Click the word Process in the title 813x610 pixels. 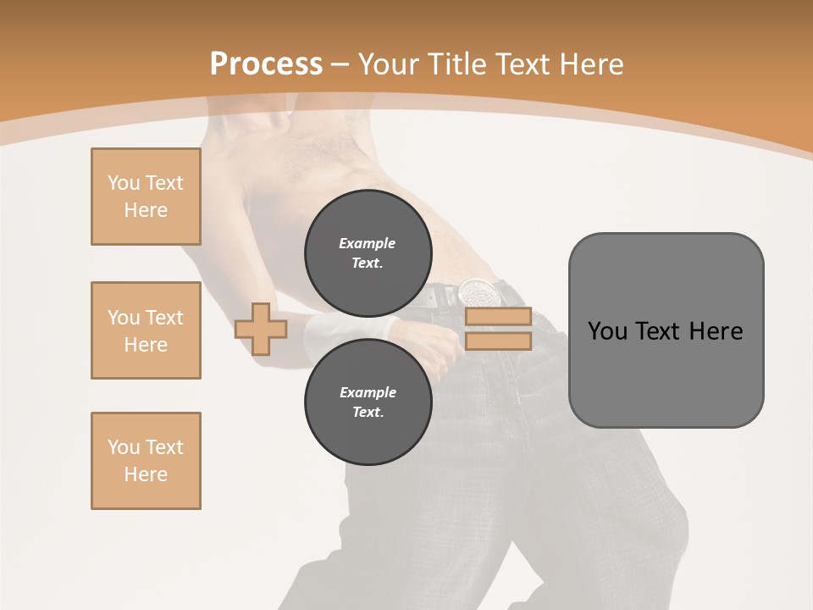click(266, 64)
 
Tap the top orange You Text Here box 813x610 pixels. click(146, 197)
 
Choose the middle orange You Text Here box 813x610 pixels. click(146, 330)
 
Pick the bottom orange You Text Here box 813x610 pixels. click(146, 461)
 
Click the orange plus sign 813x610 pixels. click(261, 329)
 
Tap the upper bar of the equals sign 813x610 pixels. click(498, 317)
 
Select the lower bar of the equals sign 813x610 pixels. click(498, 341)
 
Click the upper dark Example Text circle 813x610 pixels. click(368, 252)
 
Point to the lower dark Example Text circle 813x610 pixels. click(368, 402)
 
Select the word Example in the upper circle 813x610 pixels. click(368, 243)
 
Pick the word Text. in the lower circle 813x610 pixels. click(368, 413)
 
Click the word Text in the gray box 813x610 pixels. click(658, 331)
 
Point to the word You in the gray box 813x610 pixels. click(607, 331)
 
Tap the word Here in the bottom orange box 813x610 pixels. click(146, 474)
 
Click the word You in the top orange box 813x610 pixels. click(124, 183)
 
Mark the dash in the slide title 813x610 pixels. click(340, 64)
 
